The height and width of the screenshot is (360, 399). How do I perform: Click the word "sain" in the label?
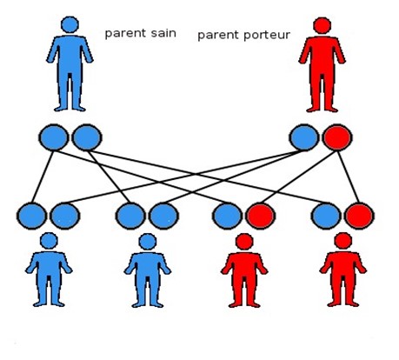(163, 33)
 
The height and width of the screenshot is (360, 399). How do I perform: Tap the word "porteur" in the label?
(267, 36)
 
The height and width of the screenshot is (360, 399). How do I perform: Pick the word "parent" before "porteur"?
(218, 36)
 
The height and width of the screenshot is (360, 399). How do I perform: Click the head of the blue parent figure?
(70, 24)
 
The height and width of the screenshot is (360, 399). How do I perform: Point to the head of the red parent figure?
(322, 25)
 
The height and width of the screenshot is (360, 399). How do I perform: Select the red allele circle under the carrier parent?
(337, 137)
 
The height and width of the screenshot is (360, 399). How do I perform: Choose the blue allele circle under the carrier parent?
(304, 137)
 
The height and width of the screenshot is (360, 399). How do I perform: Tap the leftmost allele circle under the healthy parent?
(54, 137)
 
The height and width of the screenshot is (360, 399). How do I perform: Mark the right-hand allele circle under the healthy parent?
(87, 137)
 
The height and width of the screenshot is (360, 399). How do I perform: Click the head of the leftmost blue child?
(49, 241)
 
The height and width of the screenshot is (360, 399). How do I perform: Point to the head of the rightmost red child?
(343, 241)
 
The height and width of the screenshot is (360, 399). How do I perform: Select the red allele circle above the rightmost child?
(359, 217)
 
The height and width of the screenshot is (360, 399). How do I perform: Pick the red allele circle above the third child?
(261, 217)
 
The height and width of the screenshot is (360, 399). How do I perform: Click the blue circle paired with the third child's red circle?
(227, 217)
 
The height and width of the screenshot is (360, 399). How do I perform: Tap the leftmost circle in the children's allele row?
(31, 217)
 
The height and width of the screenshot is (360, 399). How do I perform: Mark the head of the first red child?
(244, 242)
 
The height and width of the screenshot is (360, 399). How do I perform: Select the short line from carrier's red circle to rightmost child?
(349, 177)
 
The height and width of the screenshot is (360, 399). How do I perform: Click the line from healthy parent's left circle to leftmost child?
(43, 177)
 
